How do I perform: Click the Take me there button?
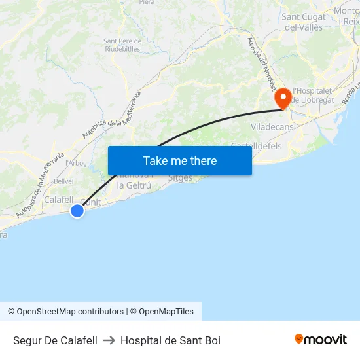[180, 160]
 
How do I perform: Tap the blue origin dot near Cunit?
[77, 210]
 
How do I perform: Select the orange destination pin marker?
[283, 99]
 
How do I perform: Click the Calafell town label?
[58, 200]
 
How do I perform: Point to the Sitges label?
[181, 178]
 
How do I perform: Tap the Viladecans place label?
[272, 126]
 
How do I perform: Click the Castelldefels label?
[257, 146]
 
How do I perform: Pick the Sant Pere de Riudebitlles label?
[122, 45]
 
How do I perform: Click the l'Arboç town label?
[75, 162]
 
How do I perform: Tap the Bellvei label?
[63, 181]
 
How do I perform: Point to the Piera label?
[147, 3]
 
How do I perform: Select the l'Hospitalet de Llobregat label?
[313, 96]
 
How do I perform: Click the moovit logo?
[321, 339]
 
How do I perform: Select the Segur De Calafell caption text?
[55, 340]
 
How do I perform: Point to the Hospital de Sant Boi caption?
[170, 340]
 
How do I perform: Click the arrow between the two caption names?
[109, 340]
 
